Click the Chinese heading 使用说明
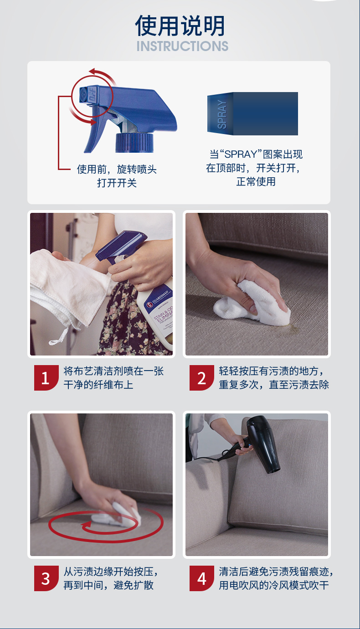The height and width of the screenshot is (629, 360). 180,26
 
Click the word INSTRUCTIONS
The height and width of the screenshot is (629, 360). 182,46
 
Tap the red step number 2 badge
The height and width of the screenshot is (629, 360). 201,378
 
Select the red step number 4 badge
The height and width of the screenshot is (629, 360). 201,578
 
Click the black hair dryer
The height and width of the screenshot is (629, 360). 258,443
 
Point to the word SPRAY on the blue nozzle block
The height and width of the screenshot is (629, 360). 221,114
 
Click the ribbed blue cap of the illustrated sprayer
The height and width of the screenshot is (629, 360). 134,143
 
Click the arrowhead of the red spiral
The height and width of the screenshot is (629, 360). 87,525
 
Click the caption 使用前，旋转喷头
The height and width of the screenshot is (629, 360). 117,169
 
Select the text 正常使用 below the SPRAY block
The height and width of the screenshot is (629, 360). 256,182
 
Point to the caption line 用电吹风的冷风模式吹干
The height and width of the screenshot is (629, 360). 274,585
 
